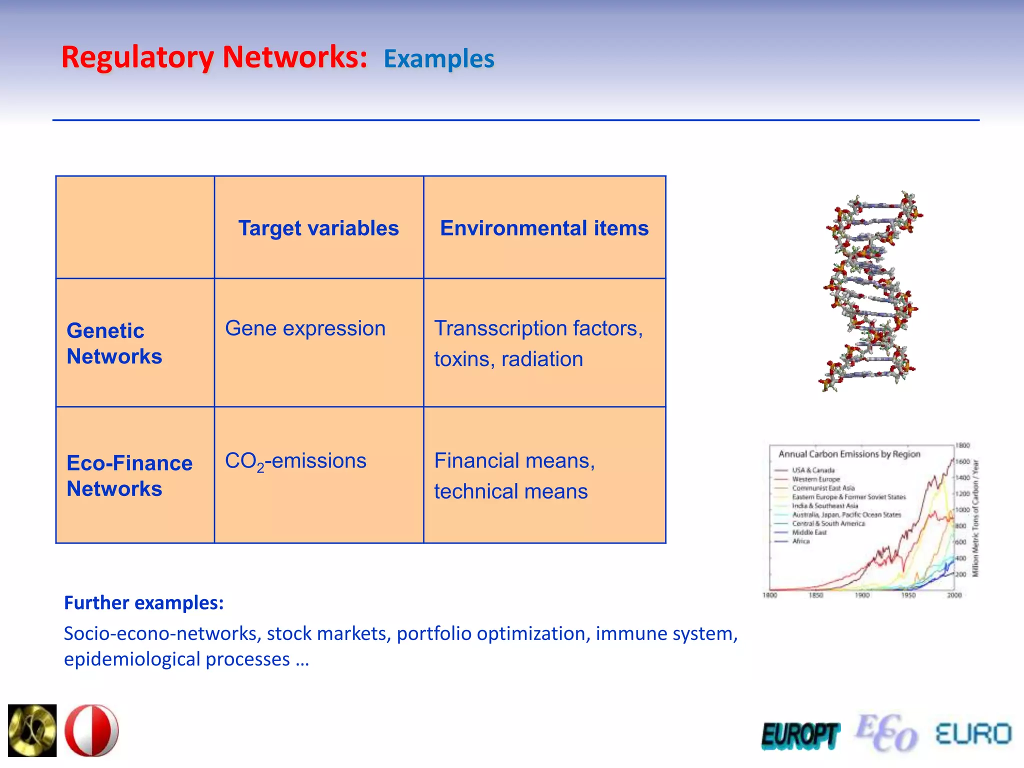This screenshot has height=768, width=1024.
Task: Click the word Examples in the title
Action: pos(438,59)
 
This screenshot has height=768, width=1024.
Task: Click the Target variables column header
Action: pos(318,228)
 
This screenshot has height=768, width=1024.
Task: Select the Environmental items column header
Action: pos(544,228)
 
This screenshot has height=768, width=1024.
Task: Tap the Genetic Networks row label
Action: pos(114,343)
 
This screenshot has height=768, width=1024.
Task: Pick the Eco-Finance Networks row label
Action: pos(129,475)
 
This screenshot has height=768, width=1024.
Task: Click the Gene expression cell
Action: pos(305,328)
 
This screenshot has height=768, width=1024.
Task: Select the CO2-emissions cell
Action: pos(295,461)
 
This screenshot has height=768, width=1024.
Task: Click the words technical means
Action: pos(510,491)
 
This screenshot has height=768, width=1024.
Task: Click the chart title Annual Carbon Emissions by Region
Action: pos(849,454)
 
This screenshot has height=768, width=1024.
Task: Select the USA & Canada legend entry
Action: pos(812,470)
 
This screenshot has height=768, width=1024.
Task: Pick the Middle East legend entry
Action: pos(808,532)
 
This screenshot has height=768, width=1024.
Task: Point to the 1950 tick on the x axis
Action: pos(908,595)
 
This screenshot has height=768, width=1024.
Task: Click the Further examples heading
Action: pos(143,602)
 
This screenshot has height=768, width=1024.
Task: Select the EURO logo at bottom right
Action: pos(973,734)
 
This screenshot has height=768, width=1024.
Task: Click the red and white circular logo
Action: pos(91,730)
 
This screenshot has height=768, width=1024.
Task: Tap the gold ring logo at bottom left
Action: pos(32,730)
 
